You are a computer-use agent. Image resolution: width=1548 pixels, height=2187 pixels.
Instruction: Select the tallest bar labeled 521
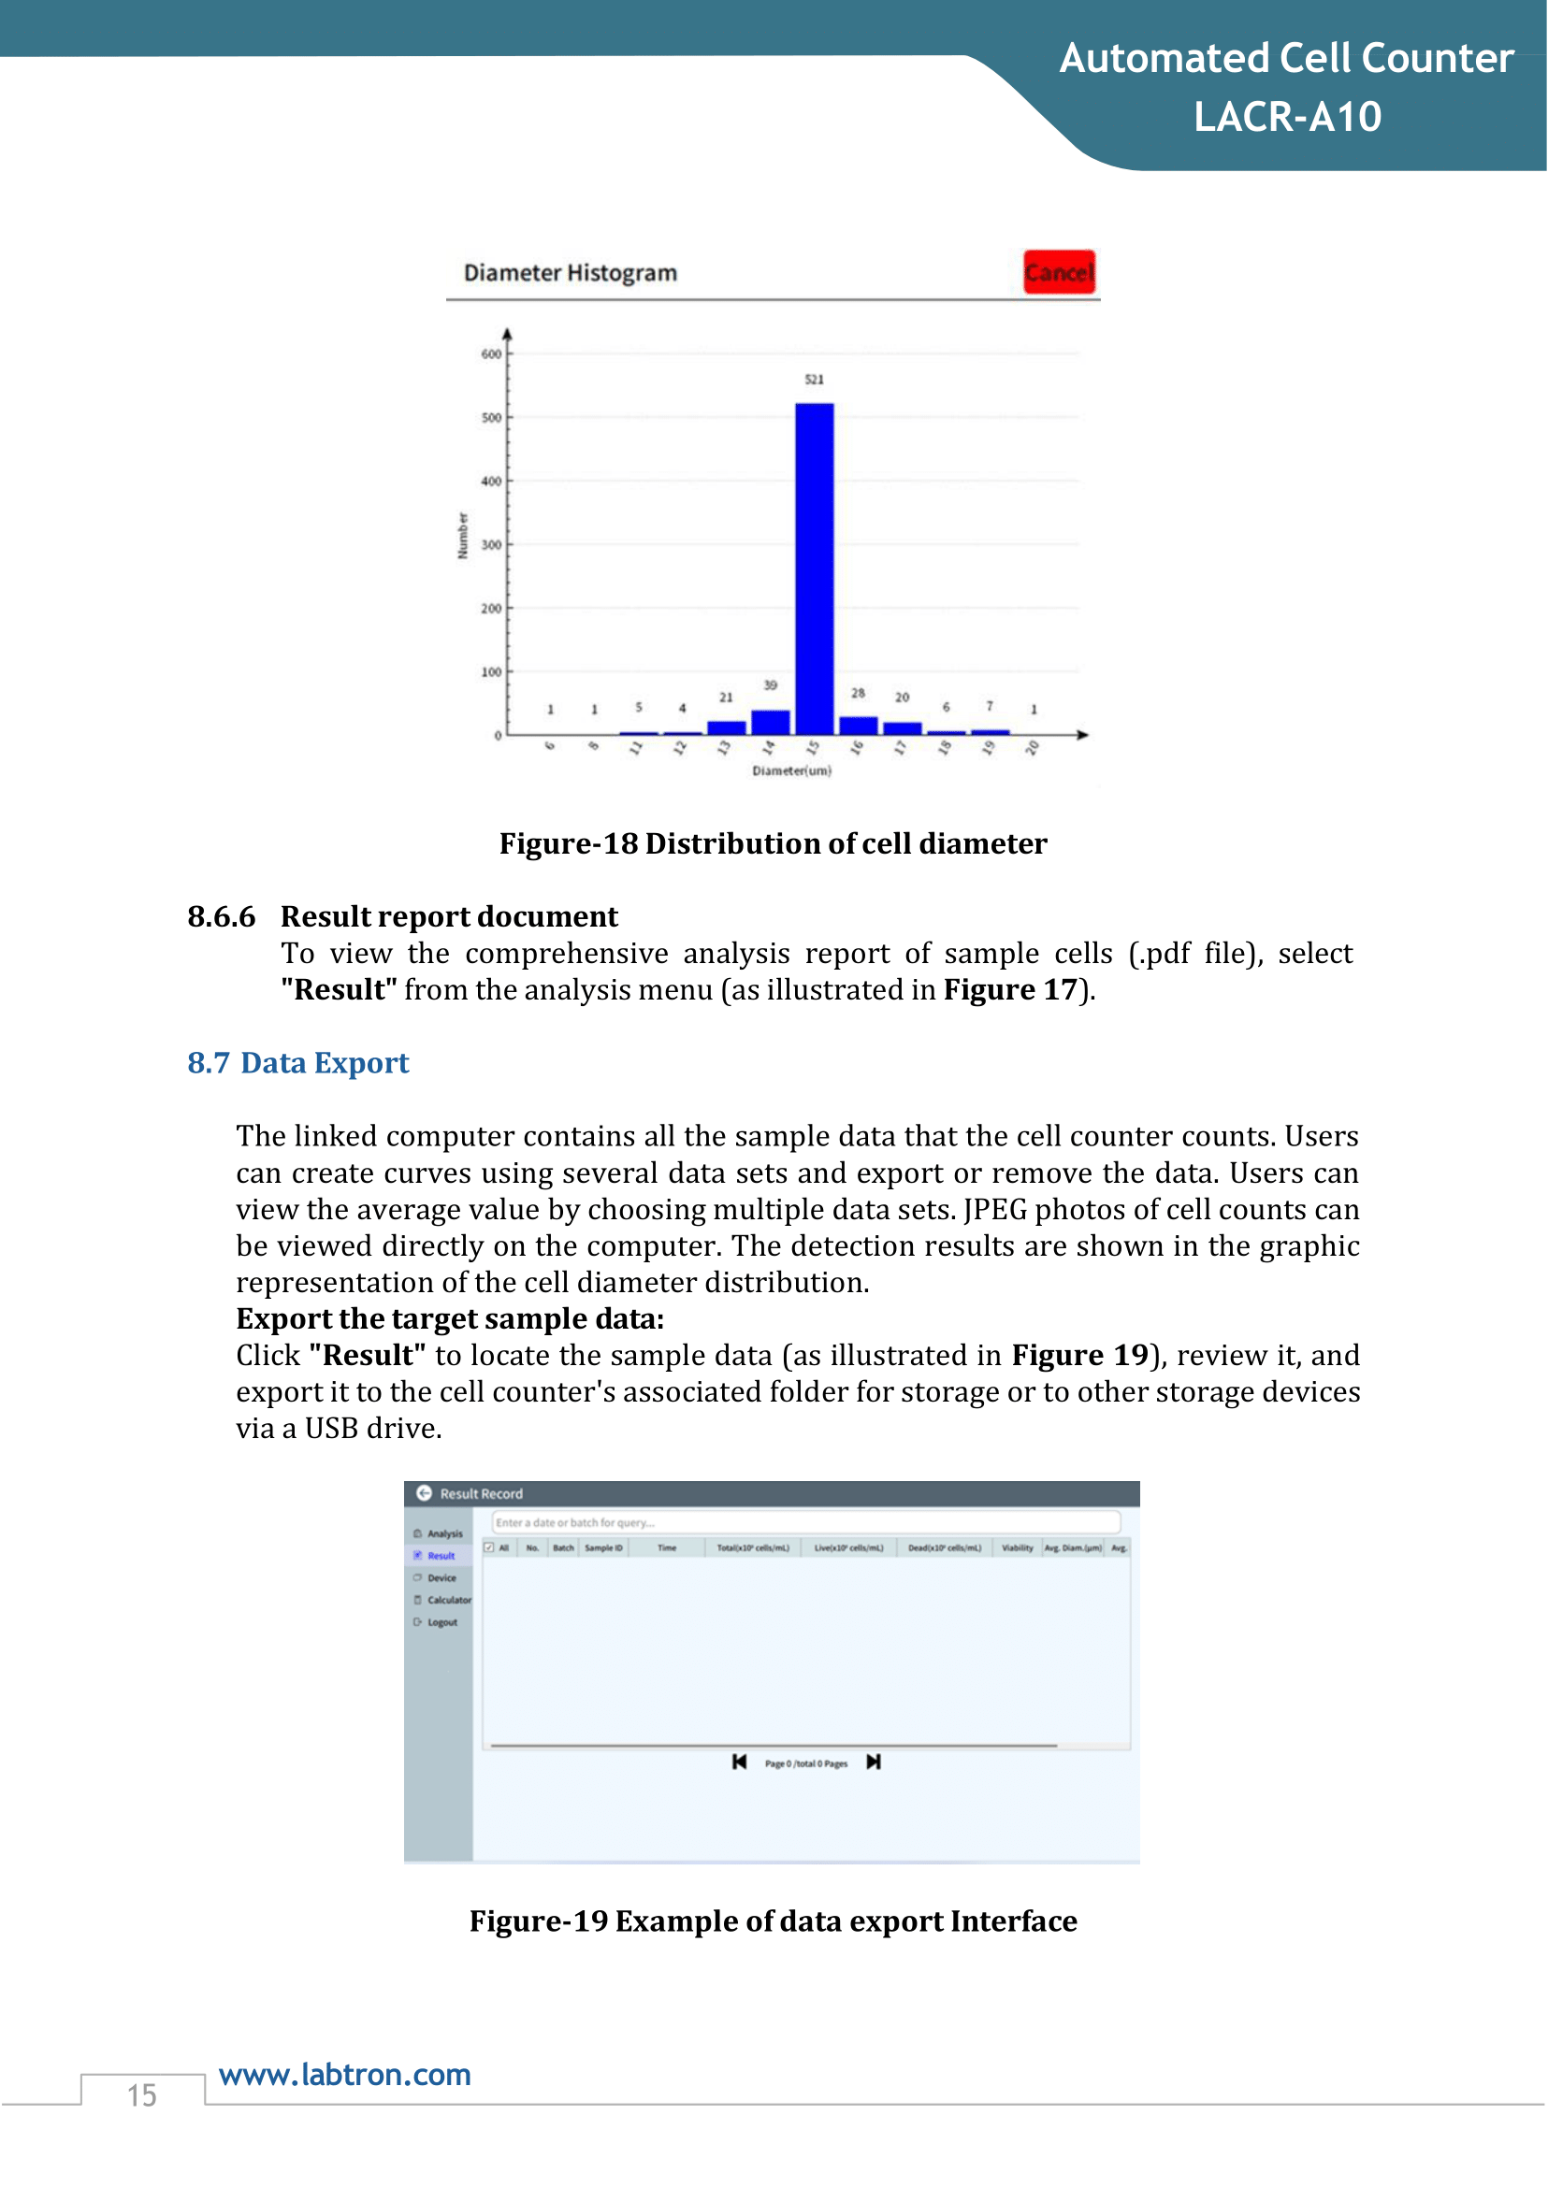click(x=814, y=568)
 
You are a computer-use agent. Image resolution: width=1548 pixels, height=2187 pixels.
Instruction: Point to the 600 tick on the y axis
click(x=491, y=354)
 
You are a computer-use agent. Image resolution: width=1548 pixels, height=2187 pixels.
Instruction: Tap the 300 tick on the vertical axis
click(x=491, y=545)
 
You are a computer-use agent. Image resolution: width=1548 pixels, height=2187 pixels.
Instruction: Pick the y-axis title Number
click(x=463, y=536)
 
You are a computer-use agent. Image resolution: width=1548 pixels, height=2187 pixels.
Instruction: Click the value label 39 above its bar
click(x=770, y=685)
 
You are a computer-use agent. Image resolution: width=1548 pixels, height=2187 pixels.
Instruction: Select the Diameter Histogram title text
click(x=570, y=274)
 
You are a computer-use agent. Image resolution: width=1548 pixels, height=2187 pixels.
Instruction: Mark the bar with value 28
click(x=858, y=726)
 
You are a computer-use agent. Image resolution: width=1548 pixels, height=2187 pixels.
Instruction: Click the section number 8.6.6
click(x=221, y=916)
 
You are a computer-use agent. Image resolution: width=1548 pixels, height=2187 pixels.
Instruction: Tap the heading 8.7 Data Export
click(x=298, y=1062)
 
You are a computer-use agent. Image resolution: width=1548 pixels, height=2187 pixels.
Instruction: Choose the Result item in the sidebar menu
click(x=441, y=1556)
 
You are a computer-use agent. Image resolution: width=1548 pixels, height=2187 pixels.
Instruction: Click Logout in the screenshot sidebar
click(x=441, y=1623)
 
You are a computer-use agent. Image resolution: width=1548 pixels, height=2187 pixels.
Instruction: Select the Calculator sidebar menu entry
click(x=448, y=1601)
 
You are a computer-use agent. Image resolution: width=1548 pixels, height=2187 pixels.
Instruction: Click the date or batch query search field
click(x=805, y=1523)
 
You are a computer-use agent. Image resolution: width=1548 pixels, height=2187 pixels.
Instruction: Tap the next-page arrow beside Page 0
click(x=873, y=1763)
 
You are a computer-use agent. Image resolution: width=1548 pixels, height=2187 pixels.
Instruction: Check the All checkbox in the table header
click(x=489, y=1547)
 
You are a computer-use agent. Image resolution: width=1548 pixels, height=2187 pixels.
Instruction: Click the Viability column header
click(x=1017, y=1548)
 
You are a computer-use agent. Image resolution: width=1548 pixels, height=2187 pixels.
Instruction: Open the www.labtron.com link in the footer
click(x=345, y=2076)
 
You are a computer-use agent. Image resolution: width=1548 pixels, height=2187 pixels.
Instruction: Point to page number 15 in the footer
click(x=142, y=2095)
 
